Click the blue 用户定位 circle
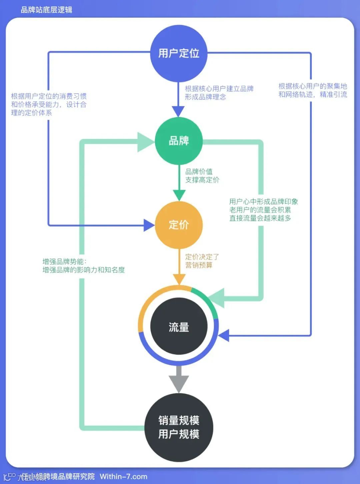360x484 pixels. click(x=179, y=53)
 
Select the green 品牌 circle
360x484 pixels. click(x=179, y=141)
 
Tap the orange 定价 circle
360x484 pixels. click(x=179, y=225)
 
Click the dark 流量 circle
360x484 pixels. click(x=179, y=327)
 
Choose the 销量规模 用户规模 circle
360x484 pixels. click(x=179, y=427)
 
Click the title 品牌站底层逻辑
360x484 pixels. click(x=46, y=10)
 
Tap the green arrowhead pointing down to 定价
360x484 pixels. click(x=179, y=195)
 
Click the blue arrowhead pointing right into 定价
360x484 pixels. click(x=149, y=225)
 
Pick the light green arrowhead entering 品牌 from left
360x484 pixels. click(x=146, y=141)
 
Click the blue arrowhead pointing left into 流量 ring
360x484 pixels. click(x=224, y=335)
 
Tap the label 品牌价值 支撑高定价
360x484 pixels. click(x=202, y=176)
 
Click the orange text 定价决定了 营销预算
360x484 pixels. click(x=202, y=261)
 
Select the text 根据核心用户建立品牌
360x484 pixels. click(x=219, y=89)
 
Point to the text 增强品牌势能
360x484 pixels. click(x=64, y=262)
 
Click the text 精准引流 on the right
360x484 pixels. click(x=333, y=95)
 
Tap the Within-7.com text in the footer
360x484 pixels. click(x=123, y=477)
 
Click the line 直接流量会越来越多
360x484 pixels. click(x=260, y=218)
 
